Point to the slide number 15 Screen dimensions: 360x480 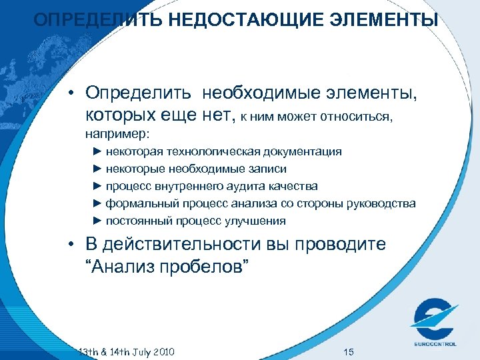(x=347, y=351)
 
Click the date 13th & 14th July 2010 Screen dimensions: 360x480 (x=126, y=351)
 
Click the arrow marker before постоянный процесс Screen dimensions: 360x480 (x=97, y=221)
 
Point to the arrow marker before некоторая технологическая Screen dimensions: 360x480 (x=97, y=151)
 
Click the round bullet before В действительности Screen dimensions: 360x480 (x=70, y=245)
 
